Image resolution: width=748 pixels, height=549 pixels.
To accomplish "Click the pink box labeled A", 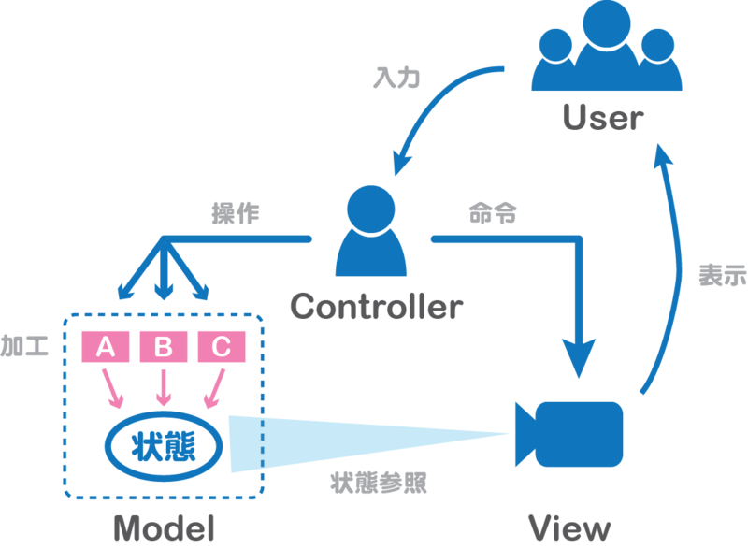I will click(x=106, y=348).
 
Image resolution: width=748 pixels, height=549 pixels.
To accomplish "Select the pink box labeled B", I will click(x=164, y=348).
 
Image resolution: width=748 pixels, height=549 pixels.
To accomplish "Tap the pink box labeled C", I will click(x=221, y=348).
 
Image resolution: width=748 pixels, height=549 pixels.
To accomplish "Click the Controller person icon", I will click(x=371, y=235).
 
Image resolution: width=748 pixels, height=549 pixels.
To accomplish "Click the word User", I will click(x=603, y=118).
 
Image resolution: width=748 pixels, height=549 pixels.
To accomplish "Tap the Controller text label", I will click(x=376, y=306).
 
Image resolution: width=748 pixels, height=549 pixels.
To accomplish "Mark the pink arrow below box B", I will click(x=165, y=386).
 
